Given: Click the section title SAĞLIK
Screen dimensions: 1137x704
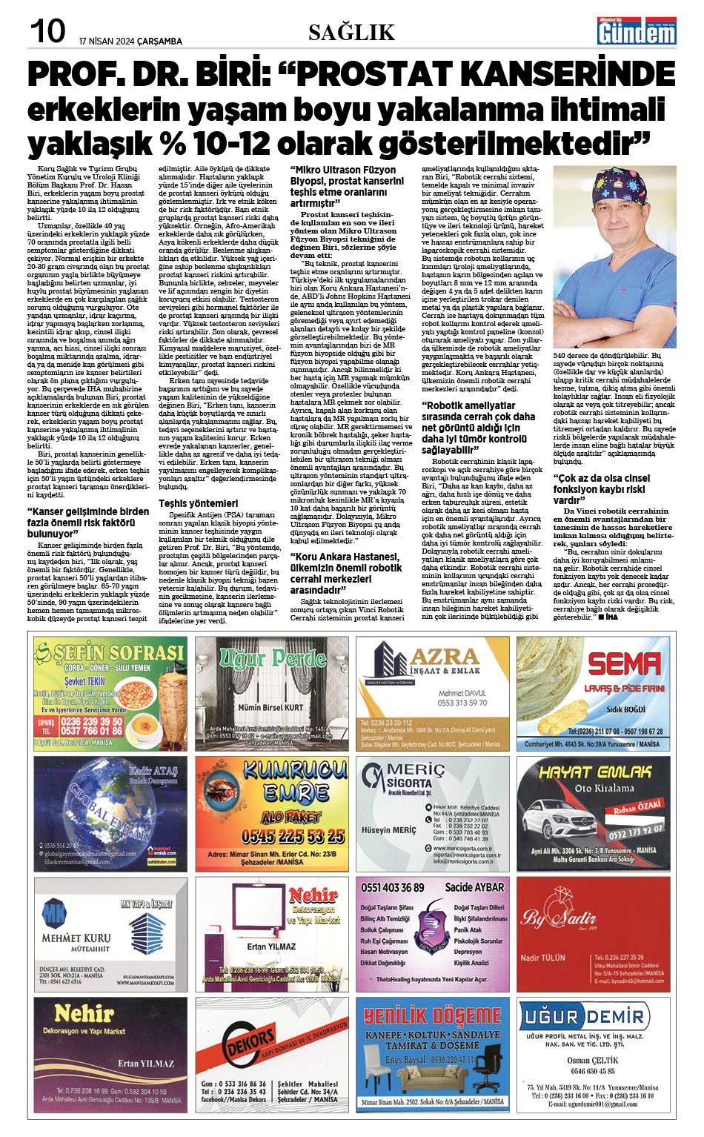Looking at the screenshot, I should [x=351, y=32].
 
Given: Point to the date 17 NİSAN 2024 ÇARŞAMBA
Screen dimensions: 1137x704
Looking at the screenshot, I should [x=130, y=42].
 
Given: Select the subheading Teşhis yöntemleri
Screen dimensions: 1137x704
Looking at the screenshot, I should [x=198, y=503].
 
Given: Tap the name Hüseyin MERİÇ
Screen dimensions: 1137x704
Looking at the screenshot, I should [x=389, y=830].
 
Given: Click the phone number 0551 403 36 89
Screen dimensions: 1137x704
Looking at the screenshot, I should [x=393, y=887].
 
